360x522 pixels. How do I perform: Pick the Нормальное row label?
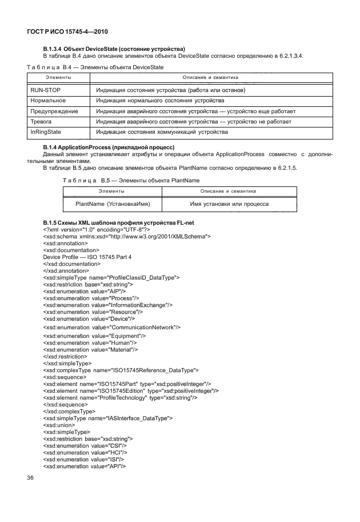click(50, 101)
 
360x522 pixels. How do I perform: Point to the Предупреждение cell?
click(54, 111)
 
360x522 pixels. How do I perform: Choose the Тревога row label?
click(41, 122)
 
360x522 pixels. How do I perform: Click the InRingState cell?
click(46, 132)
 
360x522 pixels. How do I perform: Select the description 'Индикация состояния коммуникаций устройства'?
click(162, 132)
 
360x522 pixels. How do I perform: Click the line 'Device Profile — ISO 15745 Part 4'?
click(87, 257)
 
